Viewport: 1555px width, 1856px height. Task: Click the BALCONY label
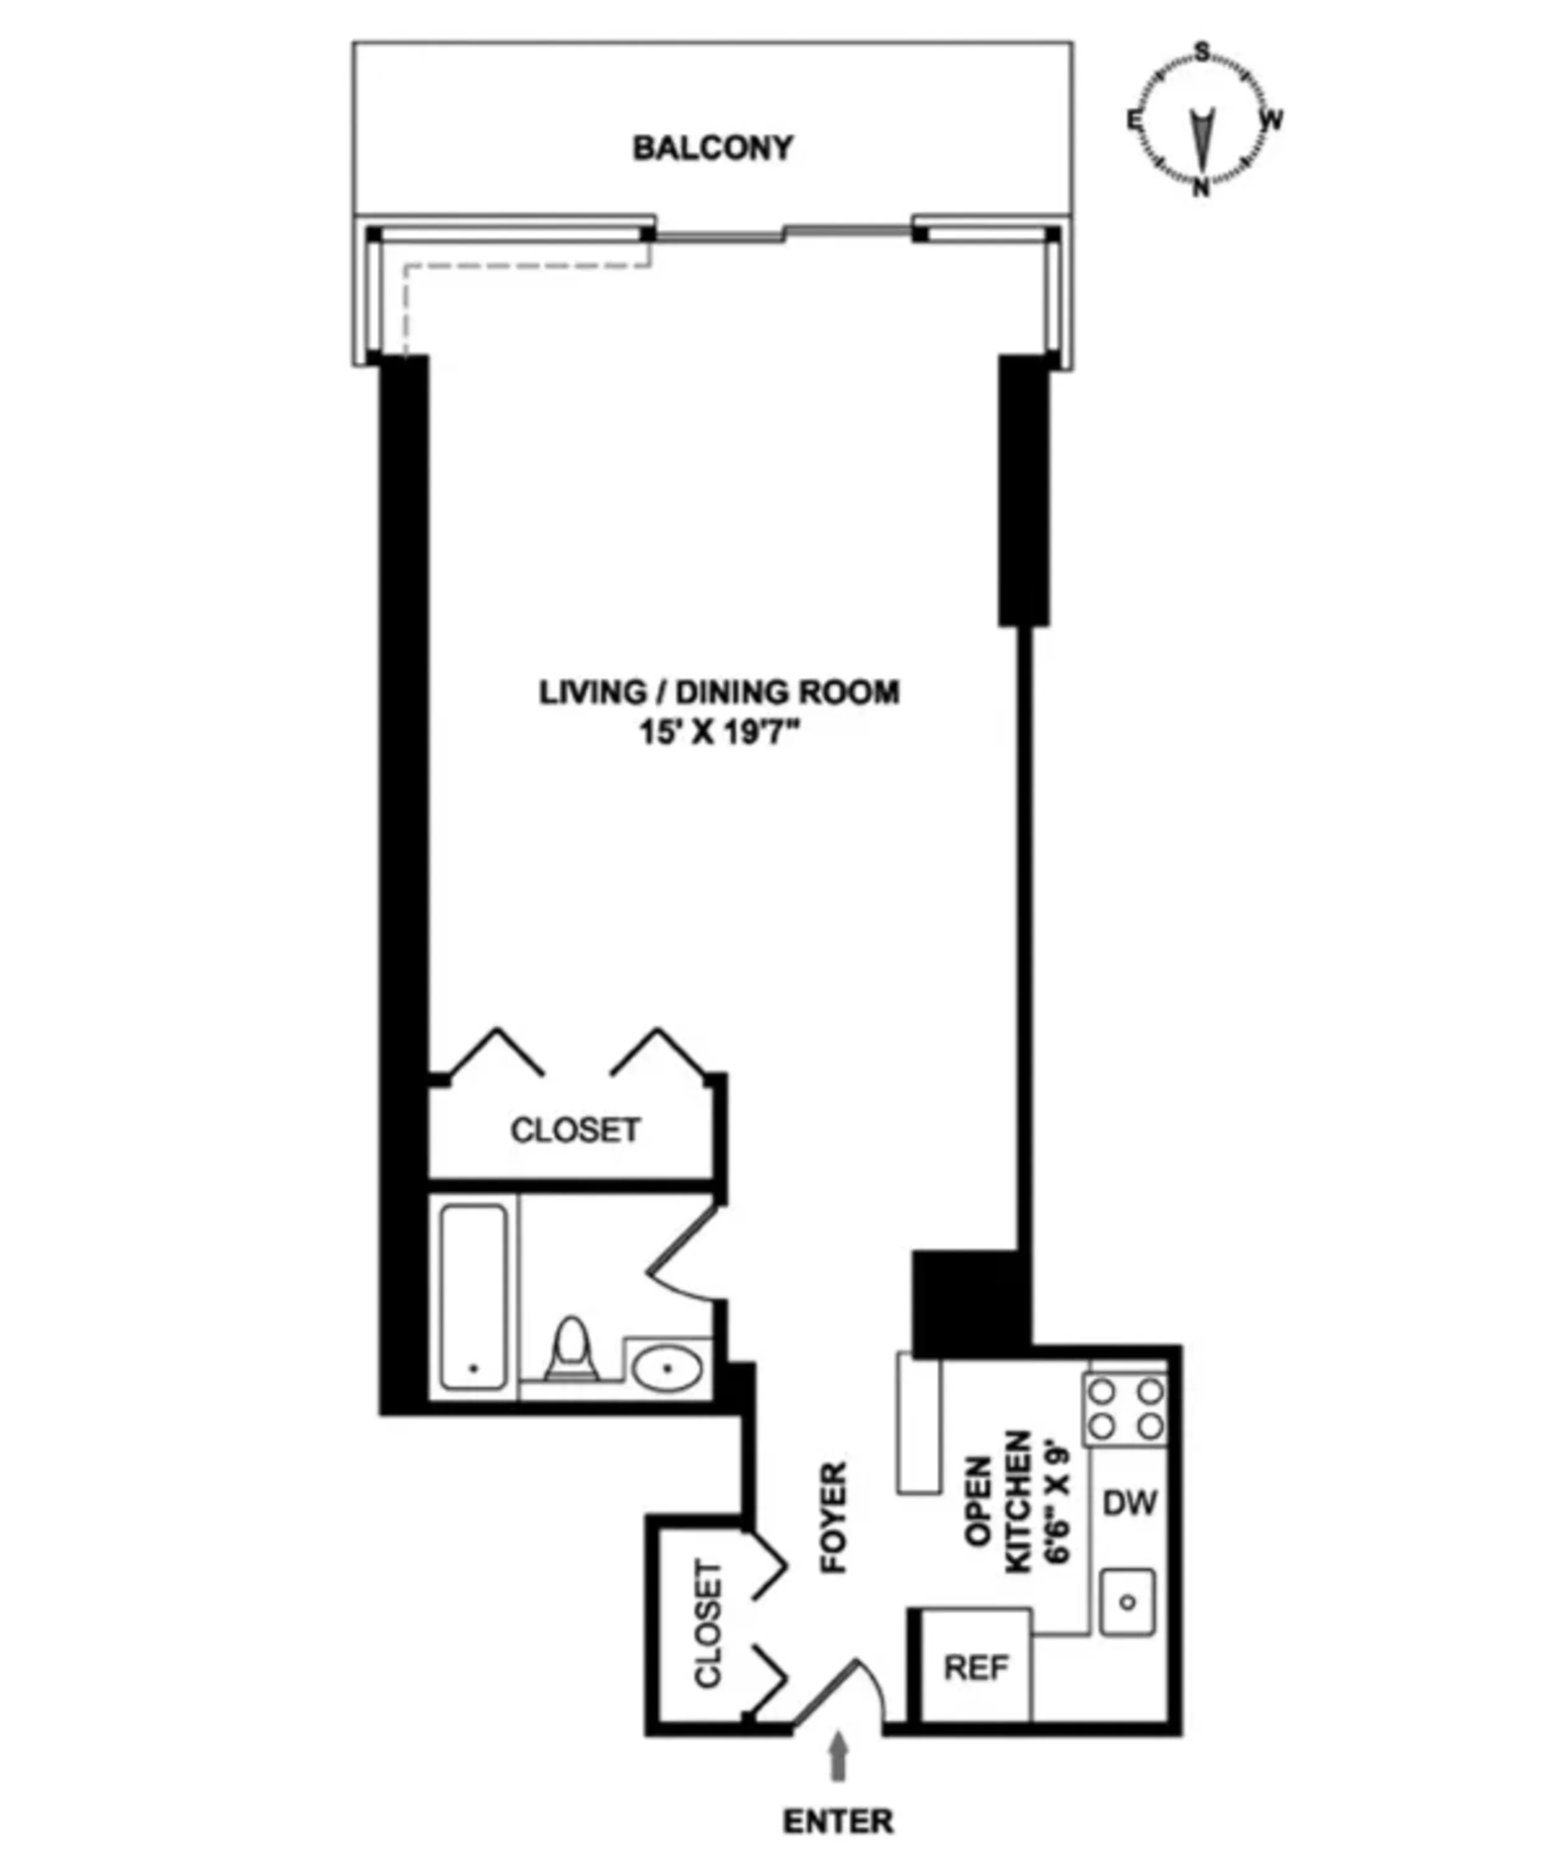click(x=712, y=147)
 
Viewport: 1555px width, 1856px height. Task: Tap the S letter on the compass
click(x=1202, y=52)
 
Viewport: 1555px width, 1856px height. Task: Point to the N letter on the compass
click(x=1200, y=189)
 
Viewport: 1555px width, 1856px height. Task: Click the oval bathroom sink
click(x=667, y=1368)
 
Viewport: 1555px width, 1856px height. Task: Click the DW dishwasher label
click(x=1129, y=1503)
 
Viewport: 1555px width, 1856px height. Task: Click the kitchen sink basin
click(x=1127, y=1602)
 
